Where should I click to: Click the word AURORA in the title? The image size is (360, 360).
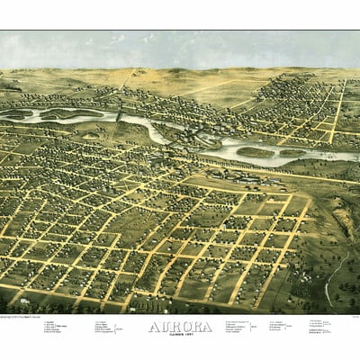tap(180, 325)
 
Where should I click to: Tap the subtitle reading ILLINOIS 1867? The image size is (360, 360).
tap(180, 334)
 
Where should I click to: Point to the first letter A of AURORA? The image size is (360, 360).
tap(153, 325)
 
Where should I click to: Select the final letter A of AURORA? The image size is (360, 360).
tap(207, 325)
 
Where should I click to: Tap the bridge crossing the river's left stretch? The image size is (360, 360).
tap(118, 116)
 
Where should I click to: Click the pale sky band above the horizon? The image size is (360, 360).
tap(180, 49)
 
